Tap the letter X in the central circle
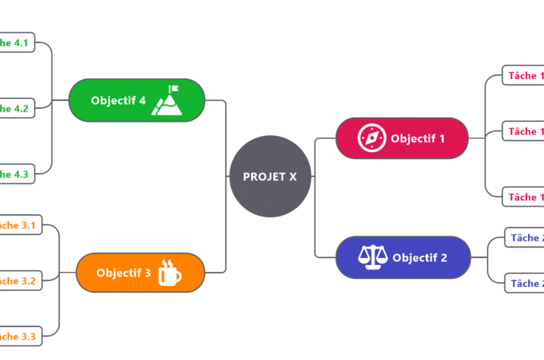tap(292, 177)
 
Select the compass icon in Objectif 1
tap(372, 138)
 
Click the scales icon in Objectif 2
tap(372, 257)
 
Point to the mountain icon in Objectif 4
tap(166, 101)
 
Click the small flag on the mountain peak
tap(174, 89)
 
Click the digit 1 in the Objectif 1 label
tap(441, 138)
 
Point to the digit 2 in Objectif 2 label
tap(444, 257)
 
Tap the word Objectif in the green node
tap(112, 100)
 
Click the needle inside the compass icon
tap(372, 137)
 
